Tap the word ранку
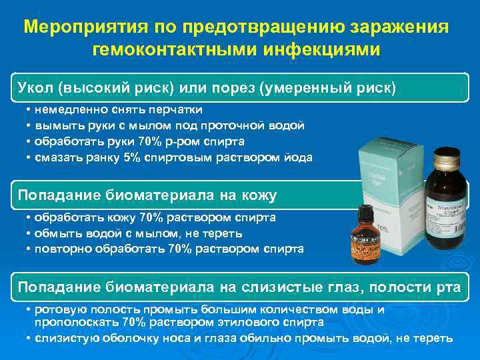click(102, 157)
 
